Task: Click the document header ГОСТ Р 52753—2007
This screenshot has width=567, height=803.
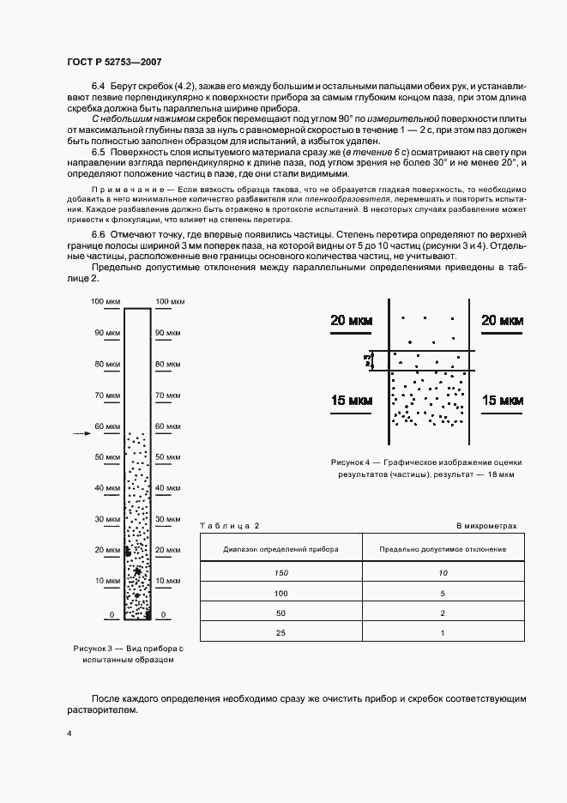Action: coord(113,62)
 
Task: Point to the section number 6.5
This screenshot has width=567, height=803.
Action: coord(98,152)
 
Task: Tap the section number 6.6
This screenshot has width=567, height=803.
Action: coord(98,234)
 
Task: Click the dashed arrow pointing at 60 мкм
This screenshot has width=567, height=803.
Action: coord(81,435)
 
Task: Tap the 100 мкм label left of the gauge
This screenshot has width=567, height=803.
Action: coord(106,301)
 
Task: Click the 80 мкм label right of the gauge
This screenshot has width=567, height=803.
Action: coord(167,364)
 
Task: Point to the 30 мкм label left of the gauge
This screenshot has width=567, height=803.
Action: coord(107,520)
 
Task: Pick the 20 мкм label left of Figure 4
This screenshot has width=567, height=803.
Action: coord(350,321)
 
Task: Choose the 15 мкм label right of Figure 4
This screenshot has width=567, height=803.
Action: coord(502,401)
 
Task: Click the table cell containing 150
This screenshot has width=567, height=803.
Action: coord(280,573)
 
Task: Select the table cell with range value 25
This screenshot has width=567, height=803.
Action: coord(280,632)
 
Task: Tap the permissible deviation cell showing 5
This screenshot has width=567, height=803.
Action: coord(443,593)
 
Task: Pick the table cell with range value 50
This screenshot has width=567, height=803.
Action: coord(280,613)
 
